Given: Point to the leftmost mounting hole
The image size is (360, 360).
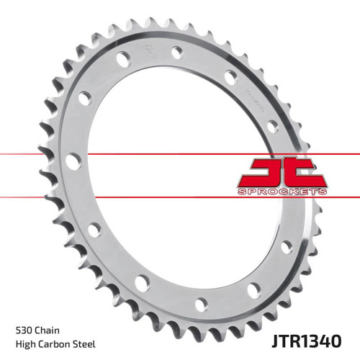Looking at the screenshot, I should pos(72,161).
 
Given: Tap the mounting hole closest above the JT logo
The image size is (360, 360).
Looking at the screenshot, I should pos(271,127).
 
